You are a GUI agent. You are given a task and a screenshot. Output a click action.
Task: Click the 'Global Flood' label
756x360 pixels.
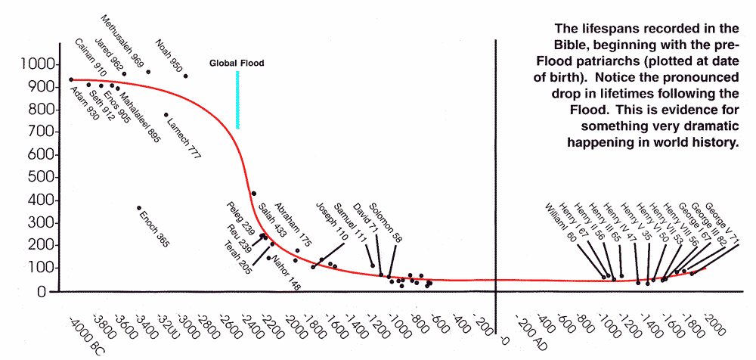coord(237,64)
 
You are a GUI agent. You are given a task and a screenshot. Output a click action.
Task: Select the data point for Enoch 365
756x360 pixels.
coord(138,208)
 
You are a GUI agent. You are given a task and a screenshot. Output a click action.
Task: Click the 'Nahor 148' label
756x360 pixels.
coord(286,275)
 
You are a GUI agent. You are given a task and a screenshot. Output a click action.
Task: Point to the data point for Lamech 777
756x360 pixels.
coord(166,115)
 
